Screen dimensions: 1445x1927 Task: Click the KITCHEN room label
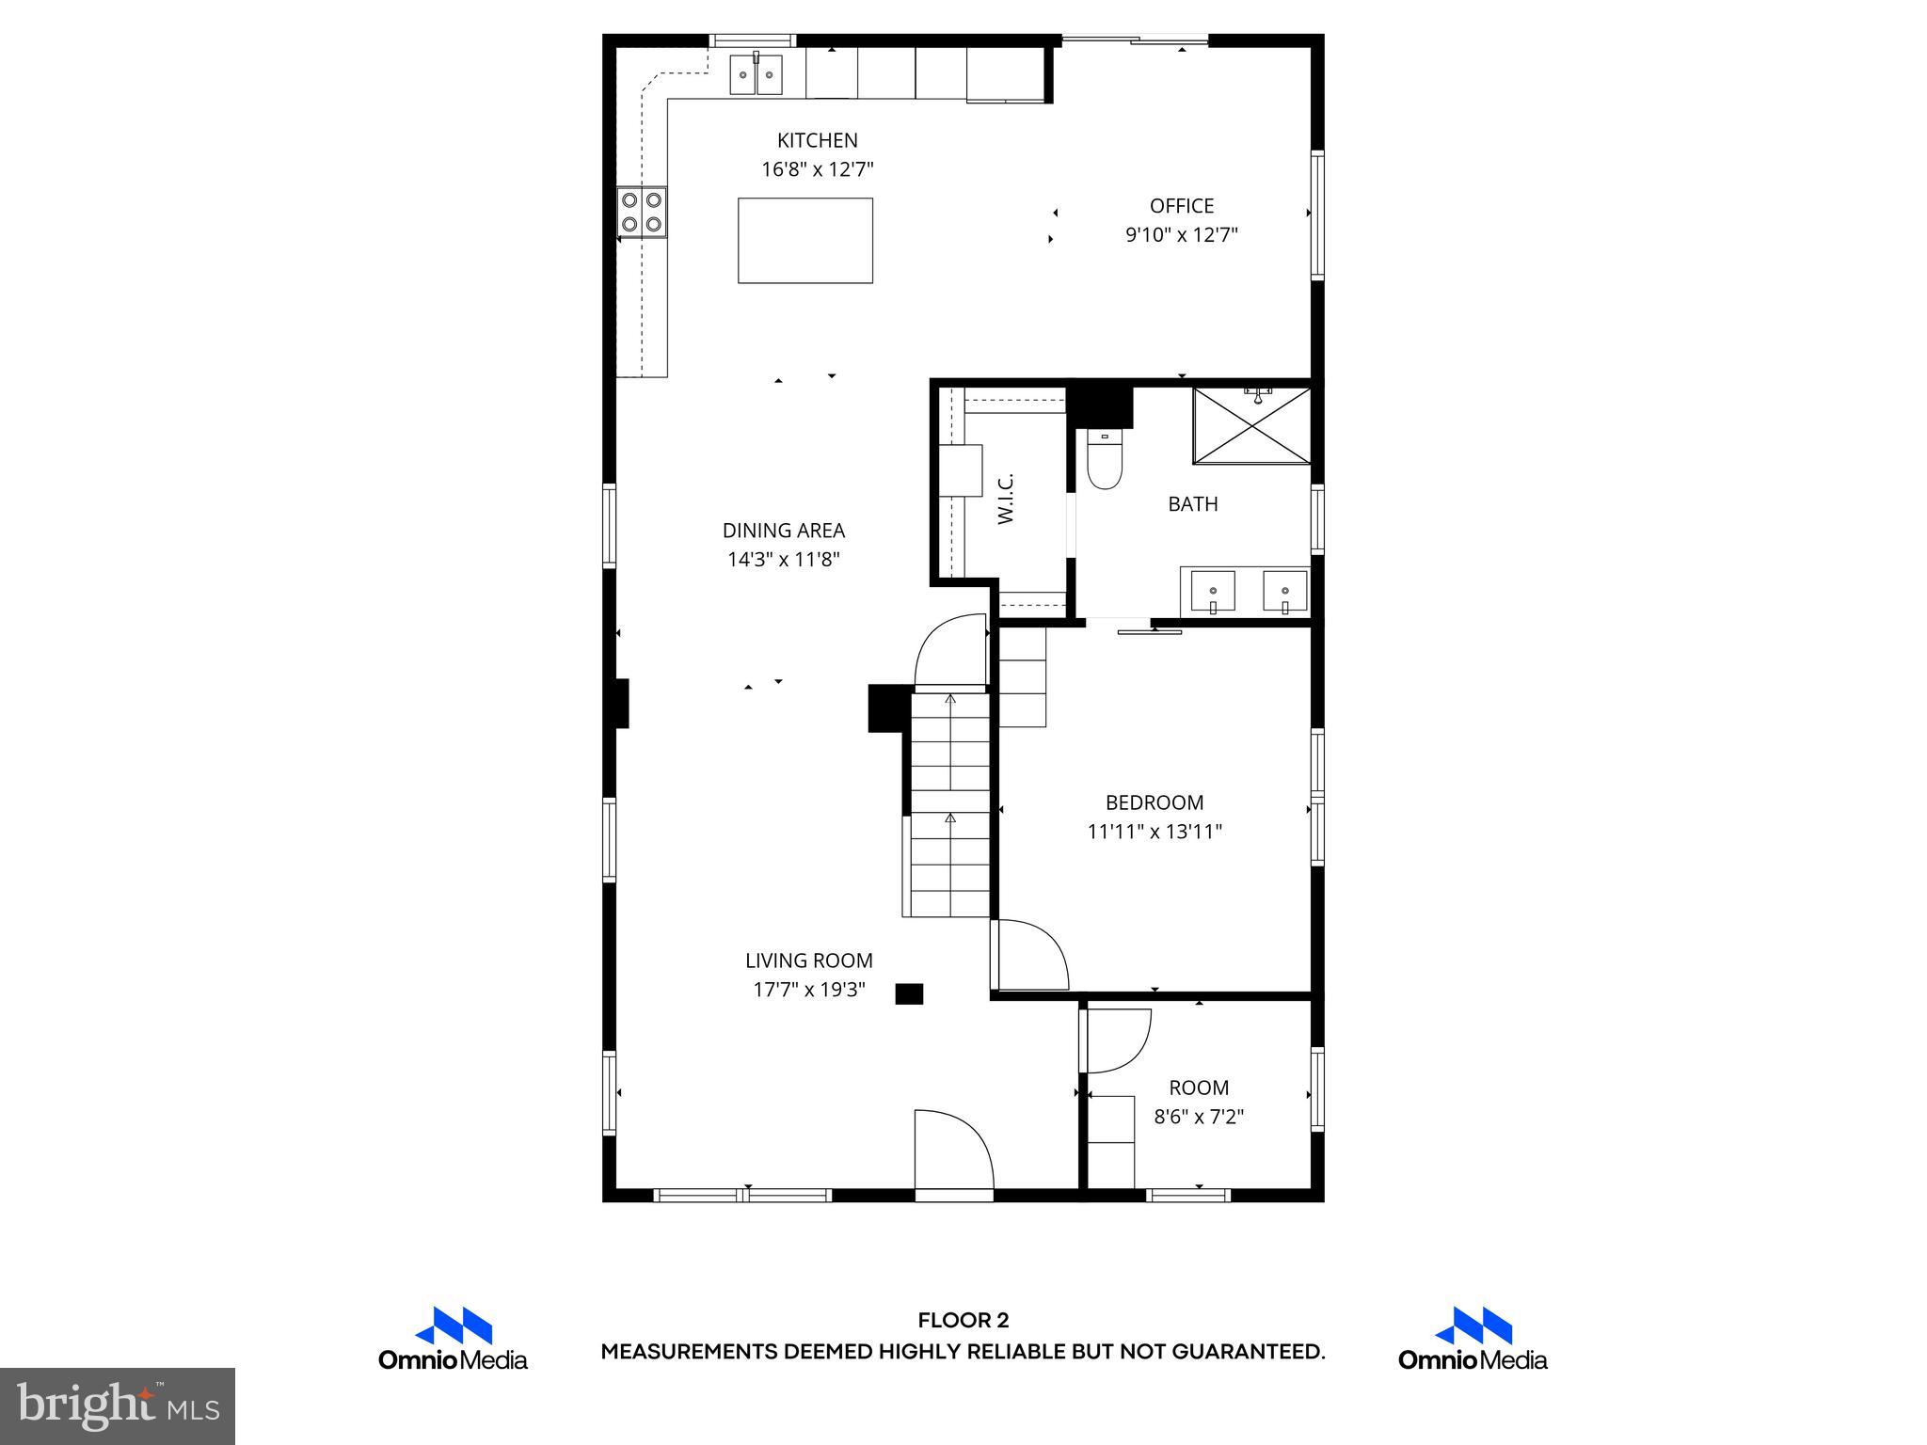point(817,140)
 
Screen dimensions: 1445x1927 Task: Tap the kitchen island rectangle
point(804,240)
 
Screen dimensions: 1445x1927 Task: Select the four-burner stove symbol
point(642,212)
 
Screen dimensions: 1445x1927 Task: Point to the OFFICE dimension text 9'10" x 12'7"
point(1181,234)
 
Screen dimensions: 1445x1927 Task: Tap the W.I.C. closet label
point(1005,500)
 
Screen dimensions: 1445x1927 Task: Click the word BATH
point(1192,504)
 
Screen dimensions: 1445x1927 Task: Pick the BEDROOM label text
point(1154,802)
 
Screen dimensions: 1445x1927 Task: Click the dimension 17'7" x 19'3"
point(808,990)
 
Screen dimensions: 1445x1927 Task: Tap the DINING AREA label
point(783,531)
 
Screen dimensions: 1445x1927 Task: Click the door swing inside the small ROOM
point(1118,1040)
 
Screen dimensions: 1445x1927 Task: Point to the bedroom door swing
point(1031,955)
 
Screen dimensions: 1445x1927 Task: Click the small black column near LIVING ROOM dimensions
point(908,993)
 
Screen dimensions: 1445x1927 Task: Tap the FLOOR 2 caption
point(963,1321)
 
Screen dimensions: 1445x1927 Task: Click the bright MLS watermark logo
point(118,1405)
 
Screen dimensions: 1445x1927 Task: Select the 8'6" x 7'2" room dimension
point(1199,1117)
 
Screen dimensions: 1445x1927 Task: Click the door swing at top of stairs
point(950,653)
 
